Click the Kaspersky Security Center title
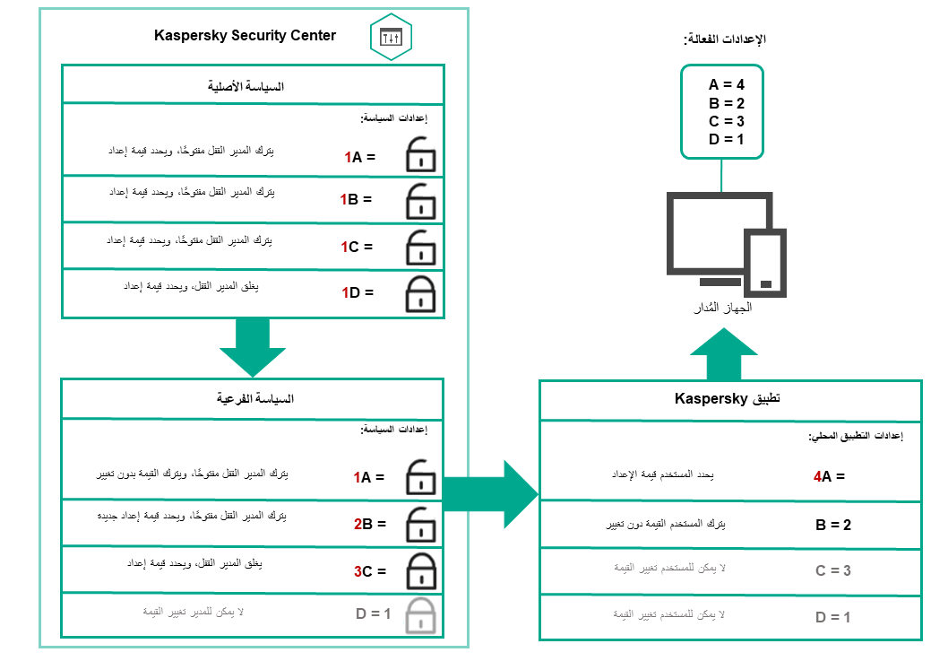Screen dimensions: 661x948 (x=245, y=36)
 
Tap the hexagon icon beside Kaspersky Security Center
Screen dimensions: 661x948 (x=391, y=38)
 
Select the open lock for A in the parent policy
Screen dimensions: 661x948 (x=419, y=155)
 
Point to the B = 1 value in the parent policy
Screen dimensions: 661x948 (x=356, y=200)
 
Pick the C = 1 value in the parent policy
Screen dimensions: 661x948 (x=356, y=247)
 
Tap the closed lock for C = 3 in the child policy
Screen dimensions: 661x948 (x=419, y=570)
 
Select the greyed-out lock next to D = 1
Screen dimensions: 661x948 (x=419, y=616)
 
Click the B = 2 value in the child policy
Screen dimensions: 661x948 (x=368, y=524)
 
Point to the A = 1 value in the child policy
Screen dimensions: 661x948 (x=368, y=478)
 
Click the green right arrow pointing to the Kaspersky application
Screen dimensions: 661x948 (x=491, y=494)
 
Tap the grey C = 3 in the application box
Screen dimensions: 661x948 (x=833, y=570)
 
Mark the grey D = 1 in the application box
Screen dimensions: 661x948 (x=833, y=617)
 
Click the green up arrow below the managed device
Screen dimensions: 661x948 (x=724, y=354)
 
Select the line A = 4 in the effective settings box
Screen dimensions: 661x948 (x=727, y=84)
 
